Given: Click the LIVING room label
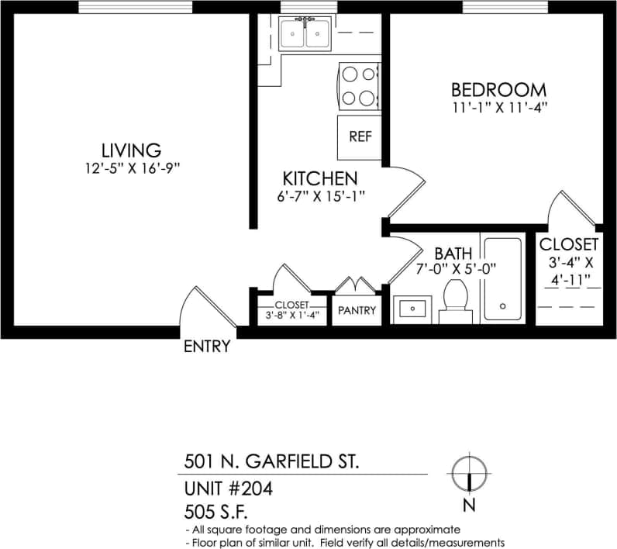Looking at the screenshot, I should [130, 150].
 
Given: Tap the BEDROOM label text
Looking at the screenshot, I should [499, 90].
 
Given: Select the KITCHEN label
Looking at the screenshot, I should [319, 178].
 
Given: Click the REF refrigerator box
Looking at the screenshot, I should [360, 137].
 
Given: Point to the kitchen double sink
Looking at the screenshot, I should [304, 33].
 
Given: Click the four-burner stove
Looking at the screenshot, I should [359, 86].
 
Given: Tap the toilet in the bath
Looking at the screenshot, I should [455, 301].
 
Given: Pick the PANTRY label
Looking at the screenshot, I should [357, 311].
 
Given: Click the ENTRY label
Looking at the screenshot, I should [207, 347].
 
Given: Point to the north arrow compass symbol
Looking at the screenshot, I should [469, 474].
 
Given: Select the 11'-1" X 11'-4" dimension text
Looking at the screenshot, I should [499, 108].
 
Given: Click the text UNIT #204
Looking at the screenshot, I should [229, 489].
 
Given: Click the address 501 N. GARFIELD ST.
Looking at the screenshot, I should [271, 462].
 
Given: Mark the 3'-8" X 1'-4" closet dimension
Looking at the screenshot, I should [291, 316].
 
